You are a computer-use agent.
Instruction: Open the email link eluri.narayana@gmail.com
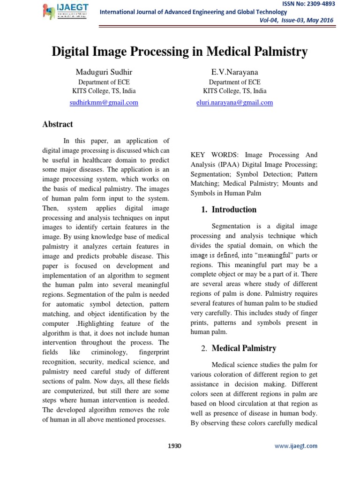pos(235,102)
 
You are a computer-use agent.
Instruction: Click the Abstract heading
pos(58,124)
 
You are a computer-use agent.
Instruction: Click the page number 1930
pos(174,446)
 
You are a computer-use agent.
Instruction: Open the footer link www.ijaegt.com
pos(296,446)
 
